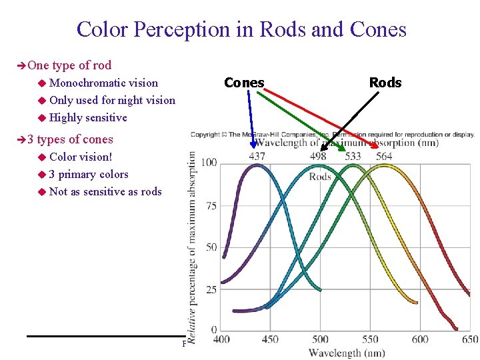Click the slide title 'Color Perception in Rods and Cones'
point(241,29)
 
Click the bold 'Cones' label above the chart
point(244,83)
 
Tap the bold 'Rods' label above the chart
point(385,83)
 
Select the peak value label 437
point(257,157)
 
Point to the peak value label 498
point(318,157)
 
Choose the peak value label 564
point(383,157)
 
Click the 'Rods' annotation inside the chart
point(321,176)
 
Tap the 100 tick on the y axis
point(209,163)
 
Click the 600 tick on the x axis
point(420,339)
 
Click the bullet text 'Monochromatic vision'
point(103,83)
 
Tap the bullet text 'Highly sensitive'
point(88,118)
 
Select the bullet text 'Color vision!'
point(81,157)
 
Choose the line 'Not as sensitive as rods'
point(105,191)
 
